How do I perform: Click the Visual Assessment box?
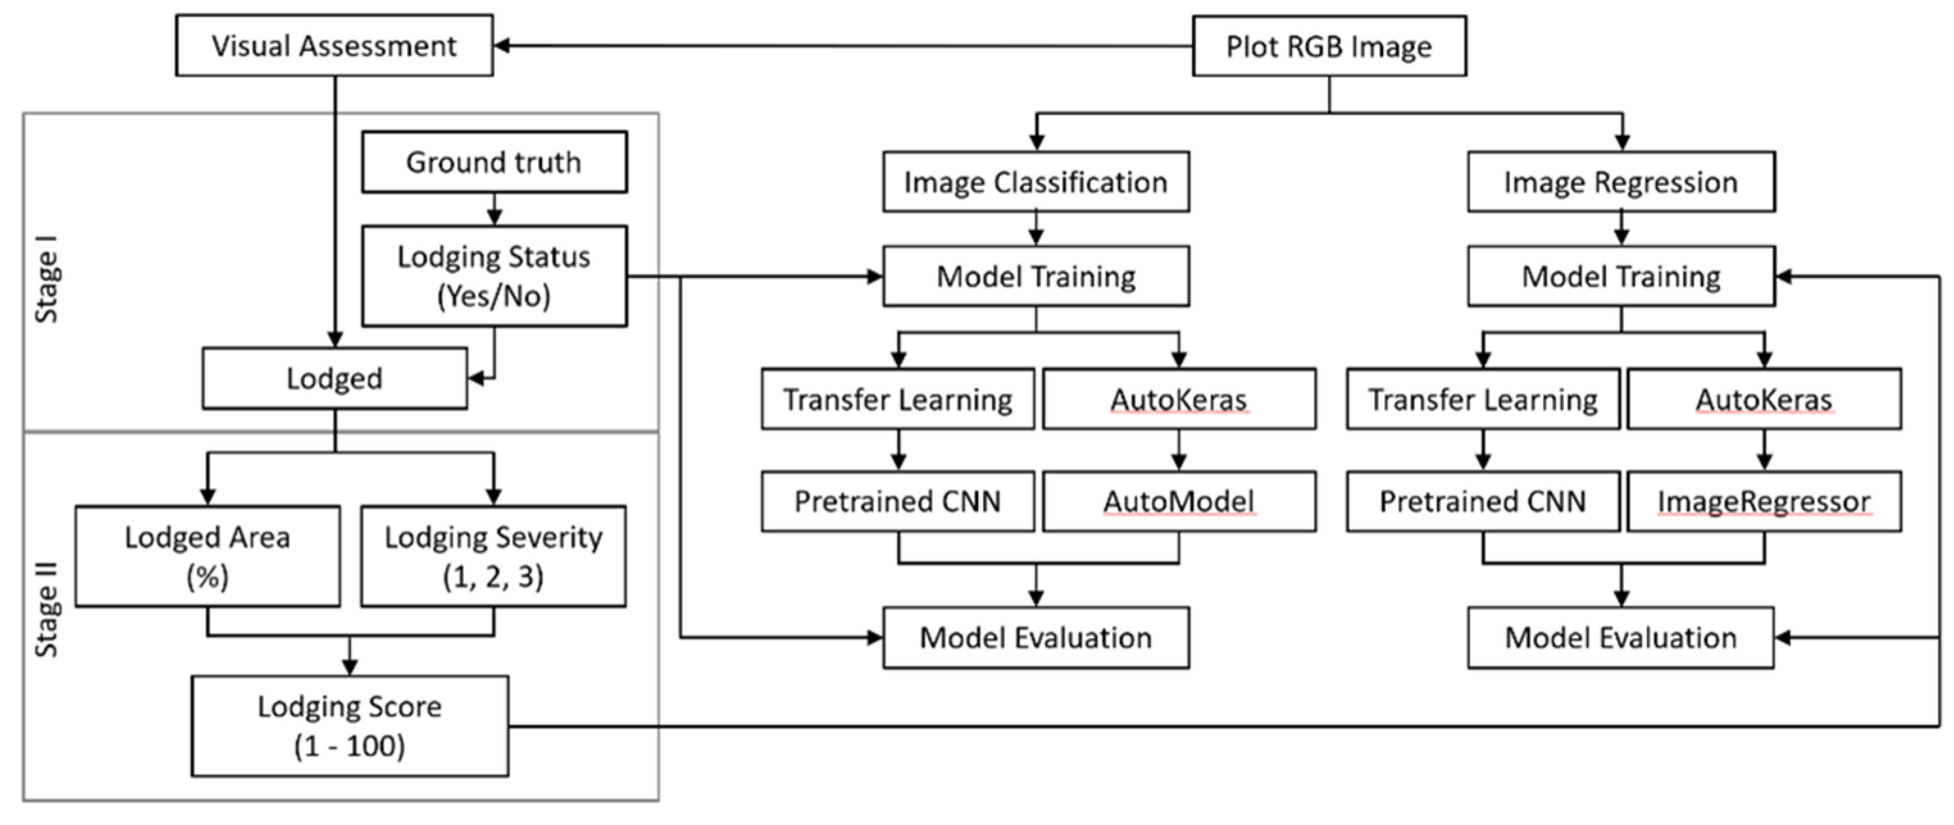pyautogui.click(x=334, y=45)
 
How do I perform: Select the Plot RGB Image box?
pyautogui.click(x=1329, y=46)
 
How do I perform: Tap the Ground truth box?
pyautogui.click(x=494, y=162)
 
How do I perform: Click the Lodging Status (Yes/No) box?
pyautogui.click(x=494, y=276)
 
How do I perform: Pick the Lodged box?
pyautogui.click(x=335, y=379)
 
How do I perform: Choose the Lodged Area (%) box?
pyautogui.click(x=207, y=557)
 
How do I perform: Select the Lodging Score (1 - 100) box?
pyautogui.click(x=350, y=726)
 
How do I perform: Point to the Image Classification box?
pyautogui.click(x=1036, y=182)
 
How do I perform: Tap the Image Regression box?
pyautogui.click(x=1621, y=182)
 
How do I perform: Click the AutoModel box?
pyautogui.click(x=1179, y=502)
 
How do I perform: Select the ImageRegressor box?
pyautogui.click(x=1764, y=502)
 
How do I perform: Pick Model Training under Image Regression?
pyautogui.click(x=1621, y=276)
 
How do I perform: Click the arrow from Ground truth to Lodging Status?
pyautogui.click(x=495, y=209)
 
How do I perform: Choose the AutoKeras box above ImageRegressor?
pyautogui.click(x=1764, y=399)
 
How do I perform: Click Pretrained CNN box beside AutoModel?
pyautogui.click(x=897, y=502)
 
